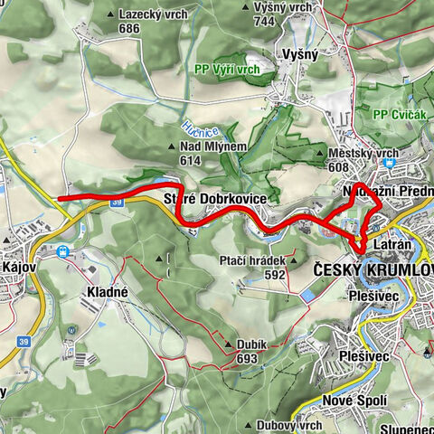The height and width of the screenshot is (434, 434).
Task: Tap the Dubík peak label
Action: point(245,344)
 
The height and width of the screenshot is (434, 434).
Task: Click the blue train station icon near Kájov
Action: point(64,252)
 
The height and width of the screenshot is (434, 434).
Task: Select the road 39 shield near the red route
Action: point(117,204)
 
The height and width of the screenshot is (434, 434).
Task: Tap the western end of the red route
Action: point(59,197)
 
